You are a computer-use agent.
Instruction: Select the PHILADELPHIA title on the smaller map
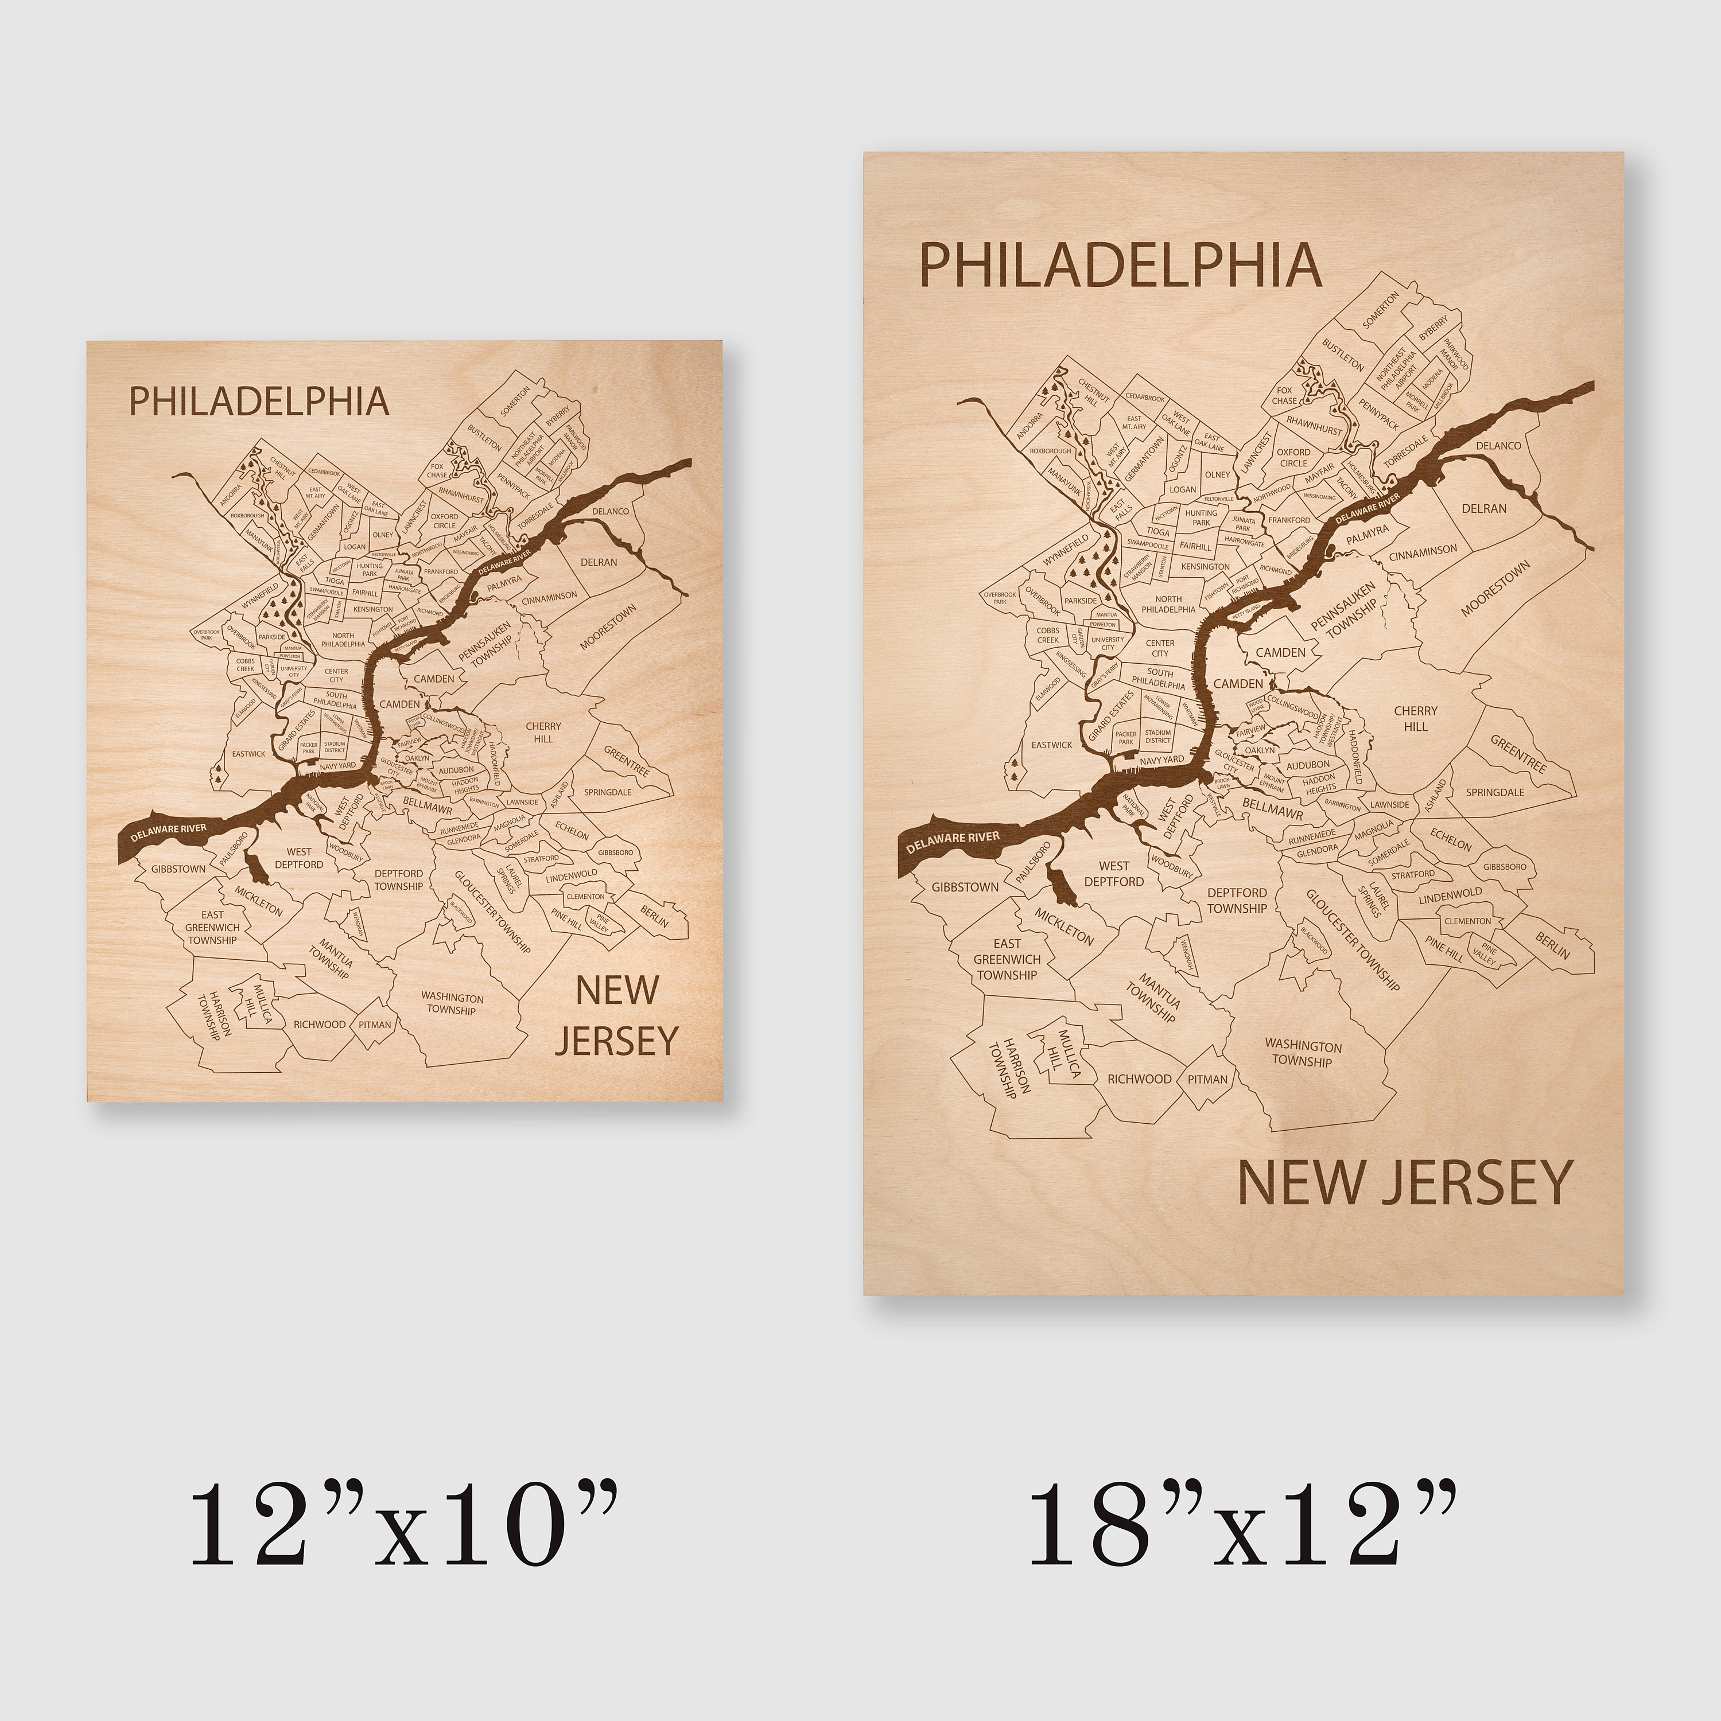click(259, 402)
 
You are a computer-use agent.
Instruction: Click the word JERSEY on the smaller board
click(617, 1041)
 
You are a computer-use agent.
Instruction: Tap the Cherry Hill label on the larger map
click(1415, 718)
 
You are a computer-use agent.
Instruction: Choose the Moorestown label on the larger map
click(1495, 588)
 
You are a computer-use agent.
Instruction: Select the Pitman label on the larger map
click(1207, 1078)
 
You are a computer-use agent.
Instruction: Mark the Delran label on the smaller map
click(599, 563)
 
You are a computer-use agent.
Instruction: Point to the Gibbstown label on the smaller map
click(178, 869)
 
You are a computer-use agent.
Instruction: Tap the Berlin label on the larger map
click(1552, 945)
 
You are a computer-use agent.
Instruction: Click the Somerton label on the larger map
click(1381, 310)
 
